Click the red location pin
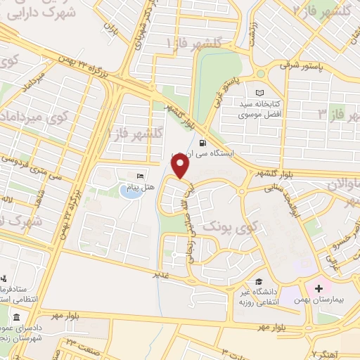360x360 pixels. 181,167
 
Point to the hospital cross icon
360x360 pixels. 319,289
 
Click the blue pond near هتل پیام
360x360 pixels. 128,191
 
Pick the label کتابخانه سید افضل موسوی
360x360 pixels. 260,108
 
